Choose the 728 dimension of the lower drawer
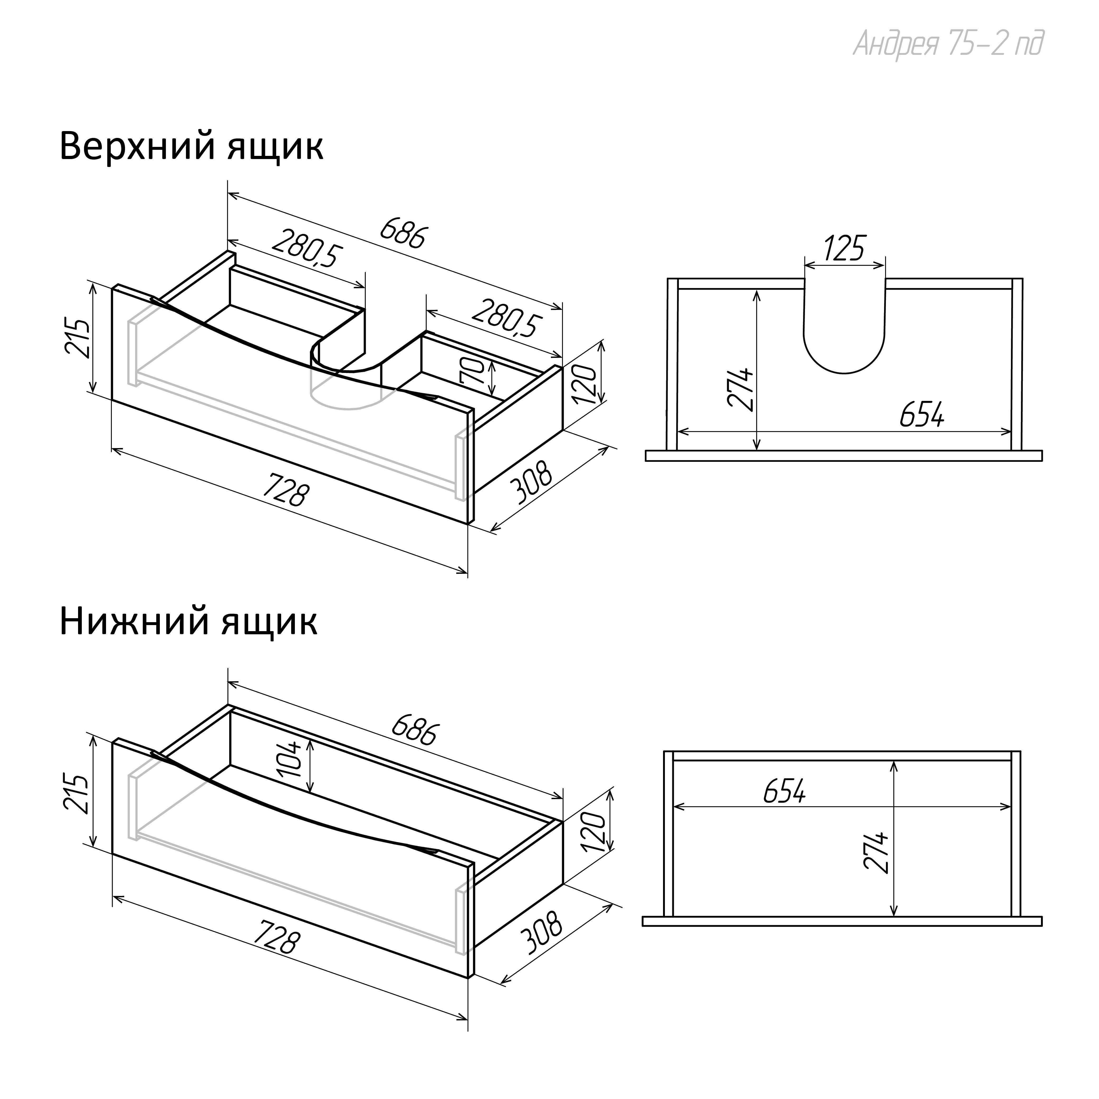276,940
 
